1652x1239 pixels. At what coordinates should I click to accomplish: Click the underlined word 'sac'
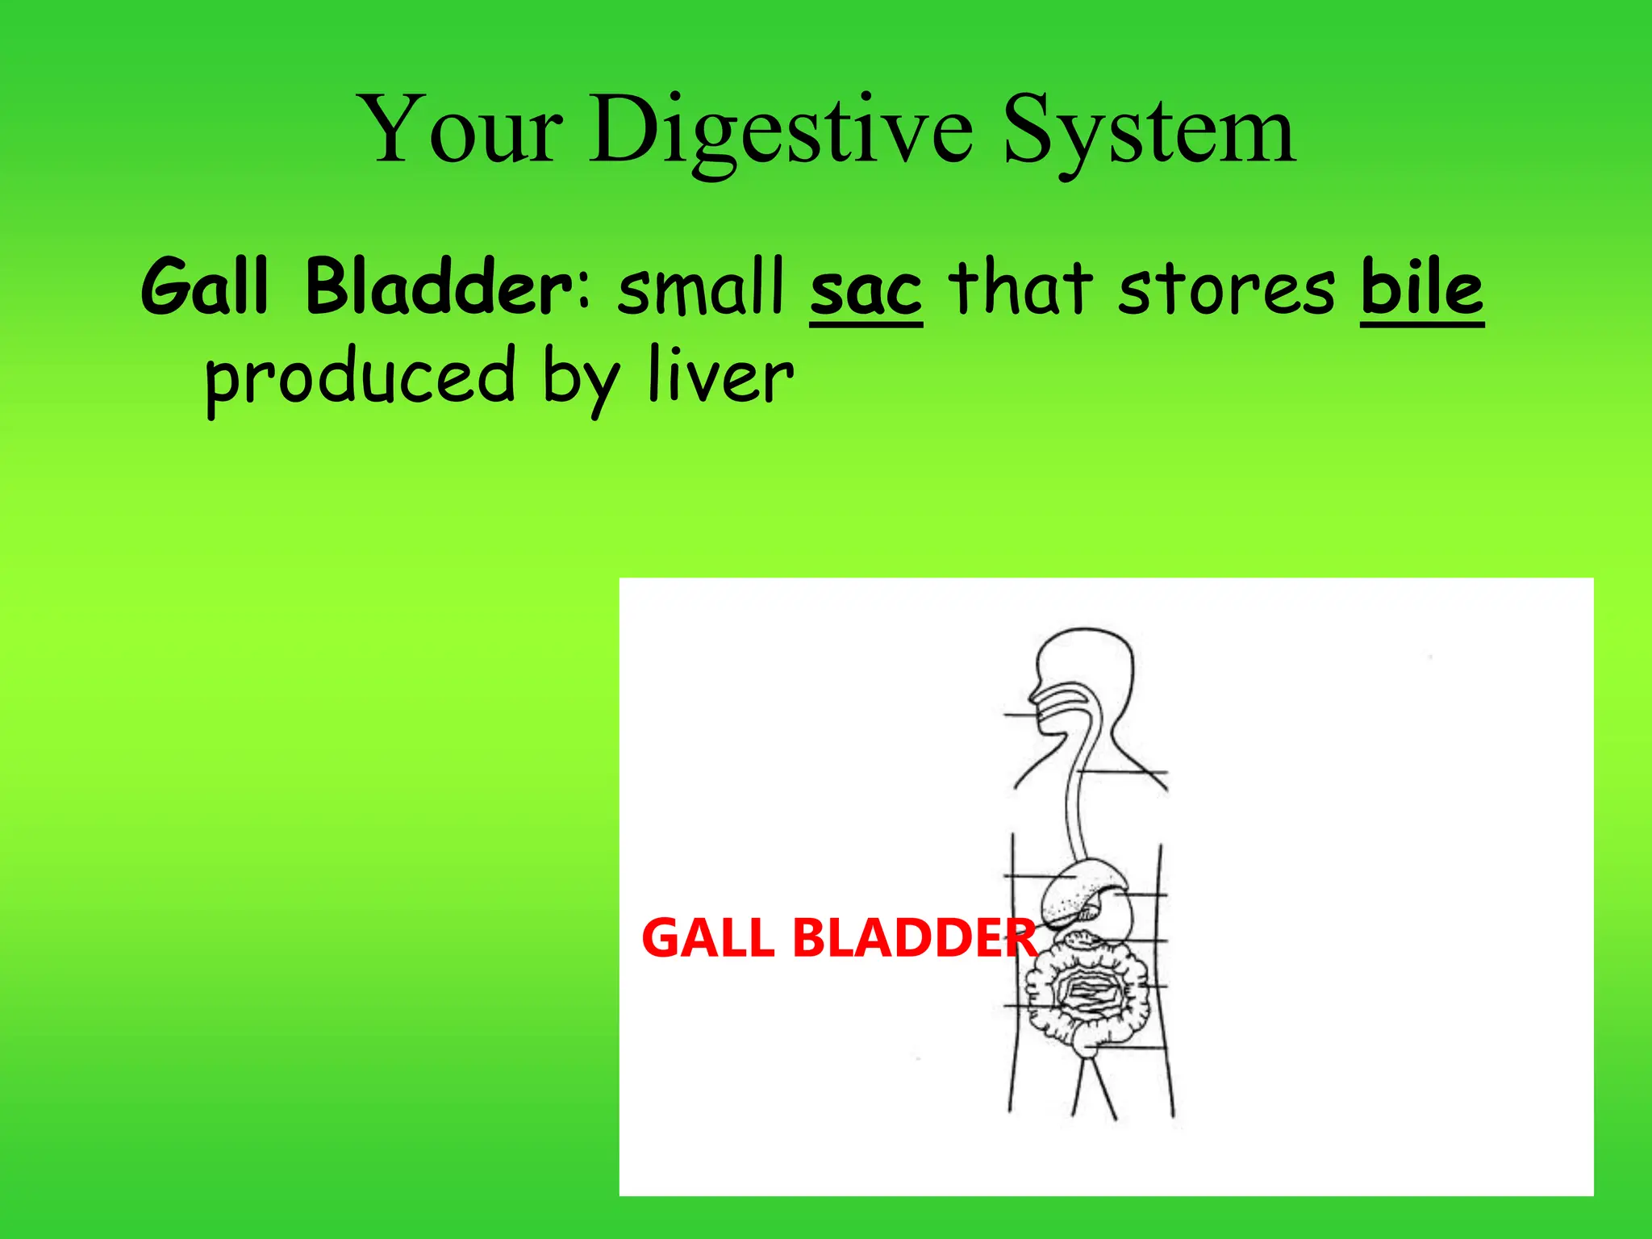tap(866, 289)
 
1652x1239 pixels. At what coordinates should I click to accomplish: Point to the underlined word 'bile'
tap(1421, 287)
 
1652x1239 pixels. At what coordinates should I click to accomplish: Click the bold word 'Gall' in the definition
tap(203, 287)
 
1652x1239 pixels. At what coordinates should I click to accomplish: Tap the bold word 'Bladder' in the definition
tap(440, 287)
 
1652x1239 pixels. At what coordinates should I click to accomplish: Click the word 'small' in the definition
tap(701, 287)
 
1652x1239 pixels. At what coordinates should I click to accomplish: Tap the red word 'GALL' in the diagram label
tap(707, 938)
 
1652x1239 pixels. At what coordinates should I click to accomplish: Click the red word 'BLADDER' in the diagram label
tap(913, 938)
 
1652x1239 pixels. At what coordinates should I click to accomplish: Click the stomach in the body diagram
tap(1113, 912)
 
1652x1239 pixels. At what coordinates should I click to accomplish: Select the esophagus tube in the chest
tap(1075, 807)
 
